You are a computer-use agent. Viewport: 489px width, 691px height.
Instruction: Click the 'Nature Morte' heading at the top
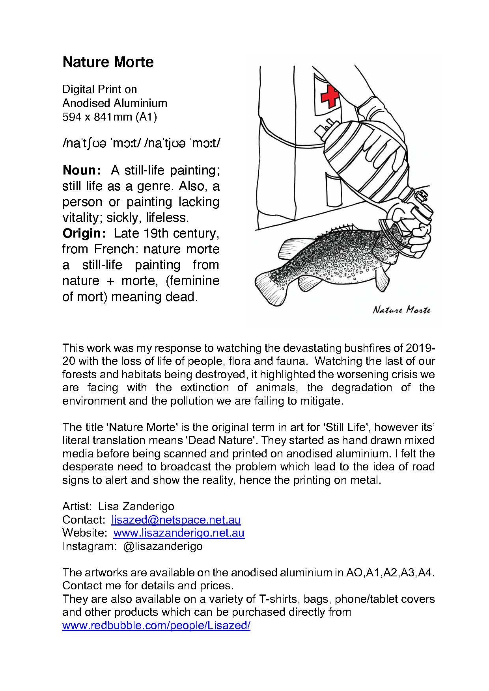pos(108,62)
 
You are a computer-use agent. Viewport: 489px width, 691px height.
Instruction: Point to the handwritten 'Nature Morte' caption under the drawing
pos(401,310)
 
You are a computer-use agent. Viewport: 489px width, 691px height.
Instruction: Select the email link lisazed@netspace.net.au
pos(176,520)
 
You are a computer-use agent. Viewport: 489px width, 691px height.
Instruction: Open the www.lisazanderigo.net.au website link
pos(179,533)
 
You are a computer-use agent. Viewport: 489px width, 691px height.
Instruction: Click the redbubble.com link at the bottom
pos(156,626)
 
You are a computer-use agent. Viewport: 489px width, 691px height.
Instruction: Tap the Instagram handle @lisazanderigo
pos(163,546)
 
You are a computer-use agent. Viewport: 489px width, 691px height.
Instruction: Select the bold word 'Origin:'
pos(84,233)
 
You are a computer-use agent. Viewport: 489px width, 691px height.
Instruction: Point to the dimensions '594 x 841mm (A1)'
pos(110,117)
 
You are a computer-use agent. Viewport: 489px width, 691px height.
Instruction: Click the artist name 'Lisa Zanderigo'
pos(136,506)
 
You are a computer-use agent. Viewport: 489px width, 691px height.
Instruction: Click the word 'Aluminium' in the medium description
pos(140,103)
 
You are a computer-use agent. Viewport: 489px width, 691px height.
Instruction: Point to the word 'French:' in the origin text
pos(114,249)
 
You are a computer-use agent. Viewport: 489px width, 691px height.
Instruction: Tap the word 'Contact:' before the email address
pos(84,520)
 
